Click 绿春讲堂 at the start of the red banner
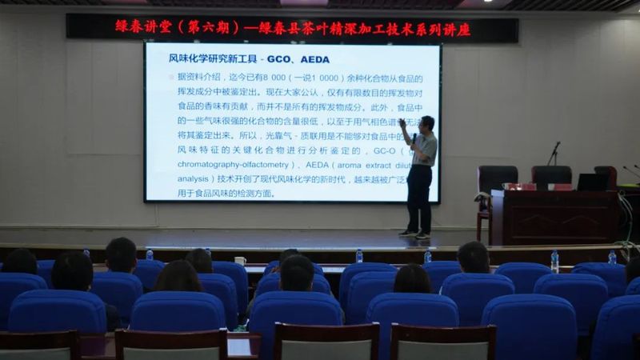(x=144, y=27)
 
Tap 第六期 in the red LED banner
(x=206, y=27)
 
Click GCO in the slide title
(x=279, y=60)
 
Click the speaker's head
(x=427, y=124)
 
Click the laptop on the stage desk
(x=592, y=182)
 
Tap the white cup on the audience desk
(x=240, y=261)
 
